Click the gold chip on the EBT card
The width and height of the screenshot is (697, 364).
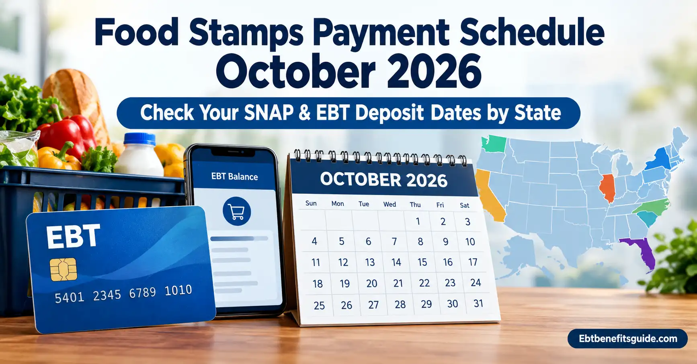pos(63,269)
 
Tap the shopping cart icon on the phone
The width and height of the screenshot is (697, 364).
pos(237,211)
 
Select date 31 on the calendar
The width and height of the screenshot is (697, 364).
pos(478,303)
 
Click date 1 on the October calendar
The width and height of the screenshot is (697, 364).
pos(418,222)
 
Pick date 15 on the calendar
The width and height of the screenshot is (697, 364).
pos(422,262)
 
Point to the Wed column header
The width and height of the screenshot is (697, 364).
pos(389,204)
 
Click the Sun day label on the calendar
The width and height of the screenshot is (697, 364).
pos(311,203)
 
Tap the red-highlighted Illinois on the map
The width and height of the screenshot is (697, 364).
pos(607,188)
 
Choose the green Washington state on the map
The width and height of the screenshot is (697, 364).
pos(494,144)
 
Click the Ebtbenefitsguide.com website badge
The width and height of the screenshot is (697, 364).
pos(627,339)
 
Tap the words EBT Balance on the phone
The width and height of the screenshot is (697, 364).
pos(234,177)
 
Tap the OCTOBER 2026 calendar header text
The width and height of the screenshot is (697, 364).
pos(383,180)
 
